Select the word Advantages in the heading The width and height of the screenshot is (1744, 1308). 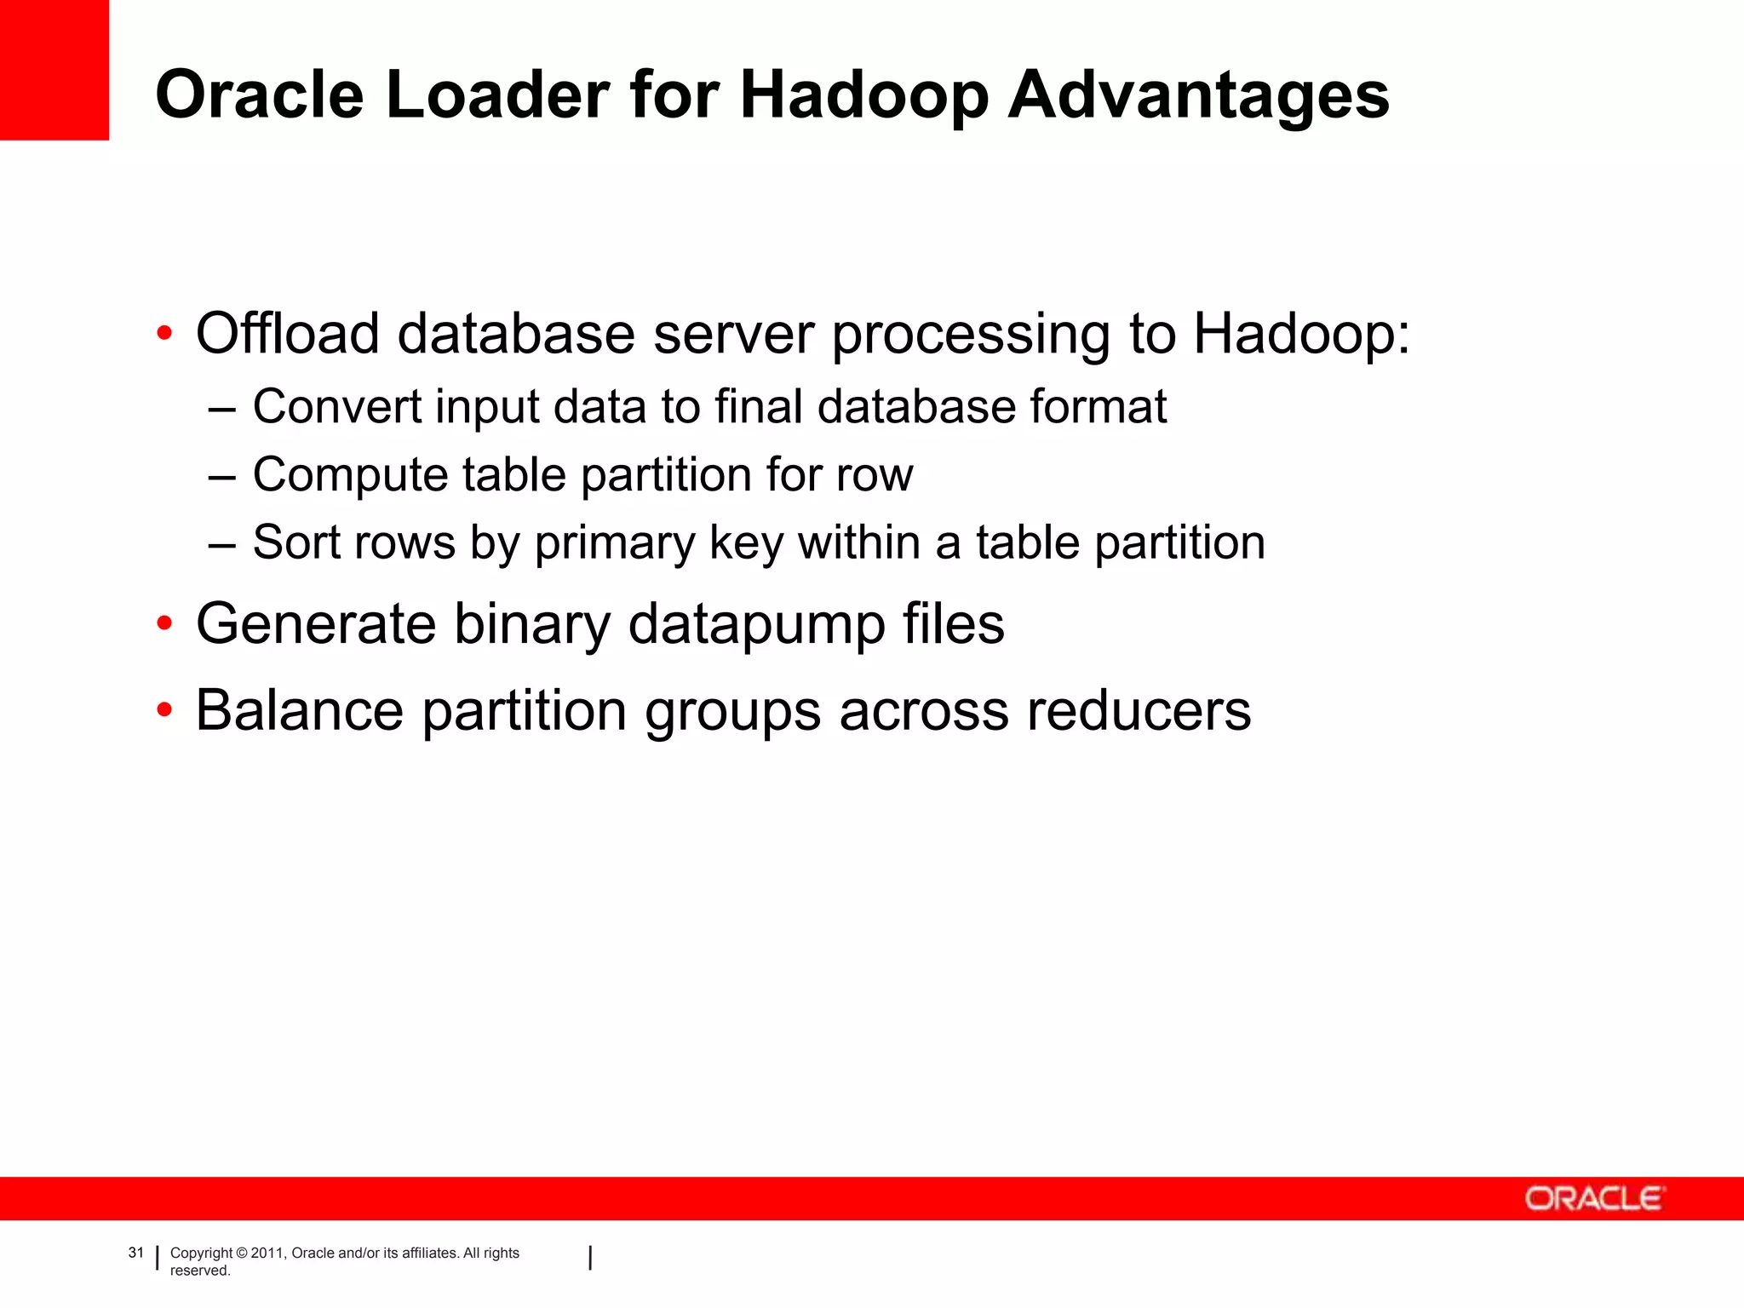tap(1199, 96)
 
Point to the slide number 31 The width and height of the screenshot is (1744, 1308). tap(136, 1253)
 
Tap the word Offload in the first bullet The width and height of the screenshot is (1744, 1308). tap(288, 333)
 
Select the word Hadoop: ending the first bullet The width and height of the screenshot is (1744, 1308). tap(1301, 333)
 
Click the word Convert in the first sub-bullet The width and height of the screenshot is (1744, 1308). tap(337, 406)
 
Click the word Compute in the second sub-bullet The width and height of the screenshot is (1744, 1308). tap(350, 474)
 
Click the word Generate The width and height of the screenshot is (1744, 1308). tap(316, 624)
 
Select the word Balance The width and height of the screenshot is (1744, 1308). tap(300, 710)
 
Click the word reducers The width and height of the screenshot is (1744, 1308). tap(1139, 710)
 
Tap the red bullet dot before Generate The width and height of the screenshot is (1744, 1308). tap(165, 624)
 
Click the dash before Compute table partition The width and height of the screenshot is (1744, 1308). tap(221, 477)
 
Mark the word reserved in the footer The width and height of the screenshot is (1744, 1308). tap(200, 1271)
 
